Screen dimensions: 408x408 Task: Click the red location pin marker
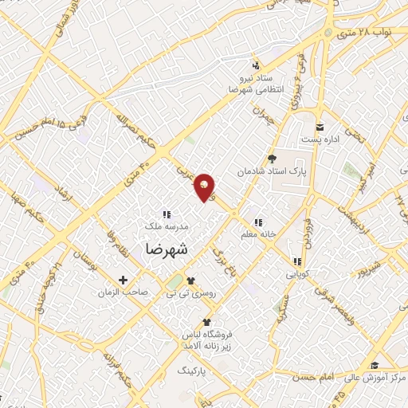coord(206,186)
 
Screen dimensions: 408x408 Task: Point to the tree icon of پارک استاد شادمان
coord(270,159)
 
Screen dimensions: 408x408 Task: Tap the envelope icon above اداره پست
coord(320,127)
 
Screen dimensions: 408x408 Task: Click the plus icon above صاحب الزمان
coord(123,280)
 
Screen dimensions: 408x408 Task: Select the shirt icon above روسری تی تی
coord(190,280)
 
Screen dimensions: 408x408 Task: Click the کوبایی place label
coord(299,273)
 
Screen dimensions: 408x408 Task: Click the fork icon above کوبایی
coord(296,261)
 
